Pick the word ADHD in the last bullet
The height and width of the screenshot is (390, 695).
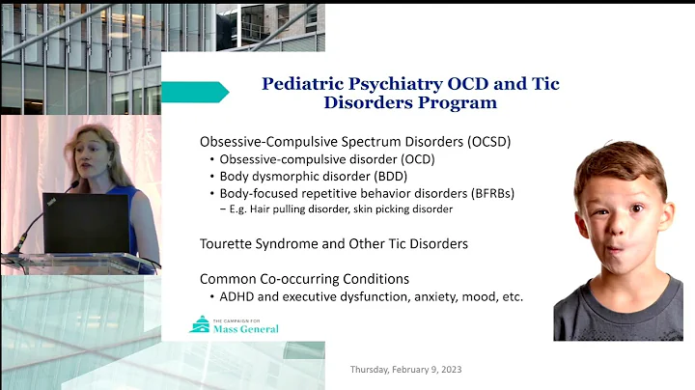coord(239,296)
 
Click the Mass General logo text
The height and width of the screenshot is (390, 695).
coord(245,328)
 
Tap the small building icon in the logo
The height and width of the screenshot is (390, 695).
coord(201,324)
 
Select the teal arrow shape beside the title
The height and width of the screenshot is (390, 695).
coord(194,92)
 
